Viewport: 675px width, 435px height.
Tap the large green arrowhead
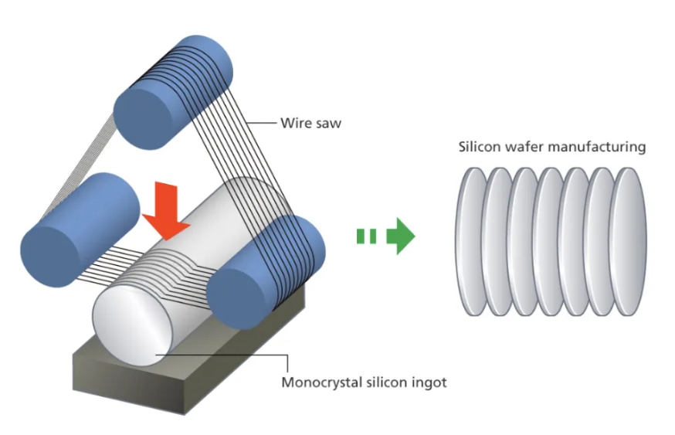(x=402, y=236)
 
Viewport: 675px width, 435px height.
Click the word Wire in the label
(x=293, y=122)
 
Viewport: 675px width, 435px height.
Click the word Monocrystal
(x=319, y=382)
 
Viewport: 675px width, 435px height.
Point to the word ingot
(x=429, y=382)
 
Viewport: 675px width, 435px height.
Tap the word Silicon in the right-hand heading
(x=478, y=146)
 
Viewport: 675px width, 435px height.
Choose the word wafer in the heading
(x=527, y=146)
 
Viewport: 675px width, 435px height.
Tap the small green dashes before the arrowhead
(x=367, y=236)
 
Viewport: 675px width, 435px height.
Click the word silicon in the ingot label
(x=384, y=382)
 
